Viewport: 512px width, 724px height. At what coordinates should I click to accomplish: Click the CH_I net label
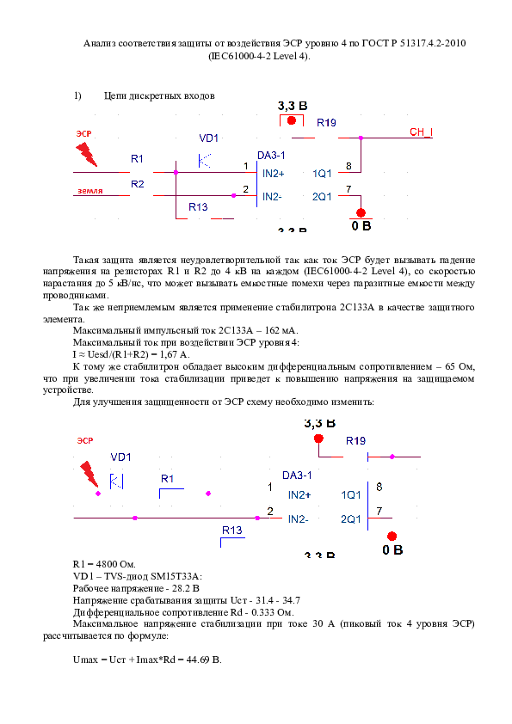pyautogui.click(x=421, y=132)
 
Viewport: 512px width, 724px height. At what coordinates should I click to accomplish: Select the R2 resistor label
pyautogui.click(x=138, y=184)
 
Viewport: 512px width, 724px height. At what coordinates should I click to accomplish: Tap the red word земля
pyautogui.click(x=88, y=191)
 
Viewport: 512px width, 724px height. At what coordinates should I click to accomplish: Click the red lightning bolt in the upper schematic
pyautogui.click(x=87, y=154)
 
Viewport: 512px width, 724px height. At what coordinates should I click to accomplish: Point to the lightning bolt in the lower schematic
pyautogui.click(x=89, y=473)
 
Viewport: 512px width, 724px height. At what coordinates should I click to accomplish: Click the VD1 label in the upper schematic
pyautogui.click(x=209, y=138)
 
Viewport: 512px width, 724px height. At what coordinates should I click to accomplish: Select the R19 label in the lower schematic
pyautogui.click(x=355, y=441)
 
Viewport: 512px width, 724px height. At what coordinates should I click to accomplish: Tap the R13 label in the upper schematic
pyautogui.click(x=198, y=207)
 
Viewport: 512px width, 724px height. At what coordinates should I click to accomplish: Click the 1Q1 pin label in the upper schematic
pyautogui.click(x=322, y=174)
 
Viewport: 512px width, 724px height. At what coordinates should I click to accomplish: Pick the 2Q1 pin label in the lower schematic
pyautogui.click(x=351, y=519)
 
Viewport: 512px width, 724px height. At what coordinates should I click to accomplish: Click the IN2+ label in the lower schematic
pyautogui.click(x=299, y=495)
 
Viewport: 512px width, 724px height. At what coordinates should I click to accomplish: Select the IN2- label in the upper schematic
pyautogui.click(x=273, y=197)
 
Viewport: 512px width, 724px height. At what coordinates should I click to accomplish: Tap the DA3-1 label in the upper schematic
pyautogui.click(x=271, y=155)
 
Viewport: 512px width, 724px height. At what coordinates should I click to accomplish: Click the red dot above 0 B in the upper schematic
pyautogui.click(x=361, y=212)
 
